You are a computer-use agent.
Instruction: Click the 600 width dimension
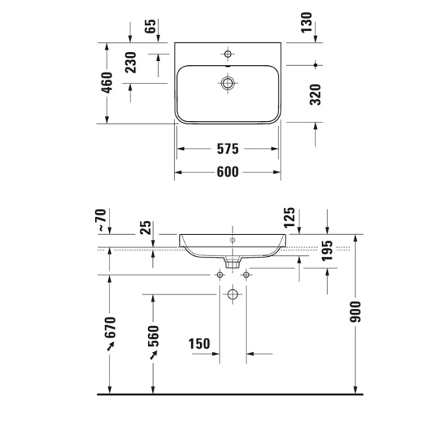coord(227,172)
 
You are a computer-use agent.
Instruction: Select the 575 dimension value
coord(227,149)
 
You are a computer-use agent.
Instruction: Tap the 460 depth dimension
coord(107,83)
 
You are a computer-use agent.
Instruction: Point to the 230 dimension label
coord(130,64)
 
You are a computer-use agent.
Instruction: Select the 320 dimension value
coord(315,94)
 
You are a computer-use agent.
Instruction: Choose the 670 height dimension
coord(110,335)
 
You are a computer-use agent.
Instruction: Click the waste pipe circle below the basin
coord(232,294)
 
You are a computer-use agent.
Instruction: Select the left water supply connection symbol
coord(220,275)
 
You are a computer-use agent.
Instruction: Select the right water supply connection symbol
coord(246,275)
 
